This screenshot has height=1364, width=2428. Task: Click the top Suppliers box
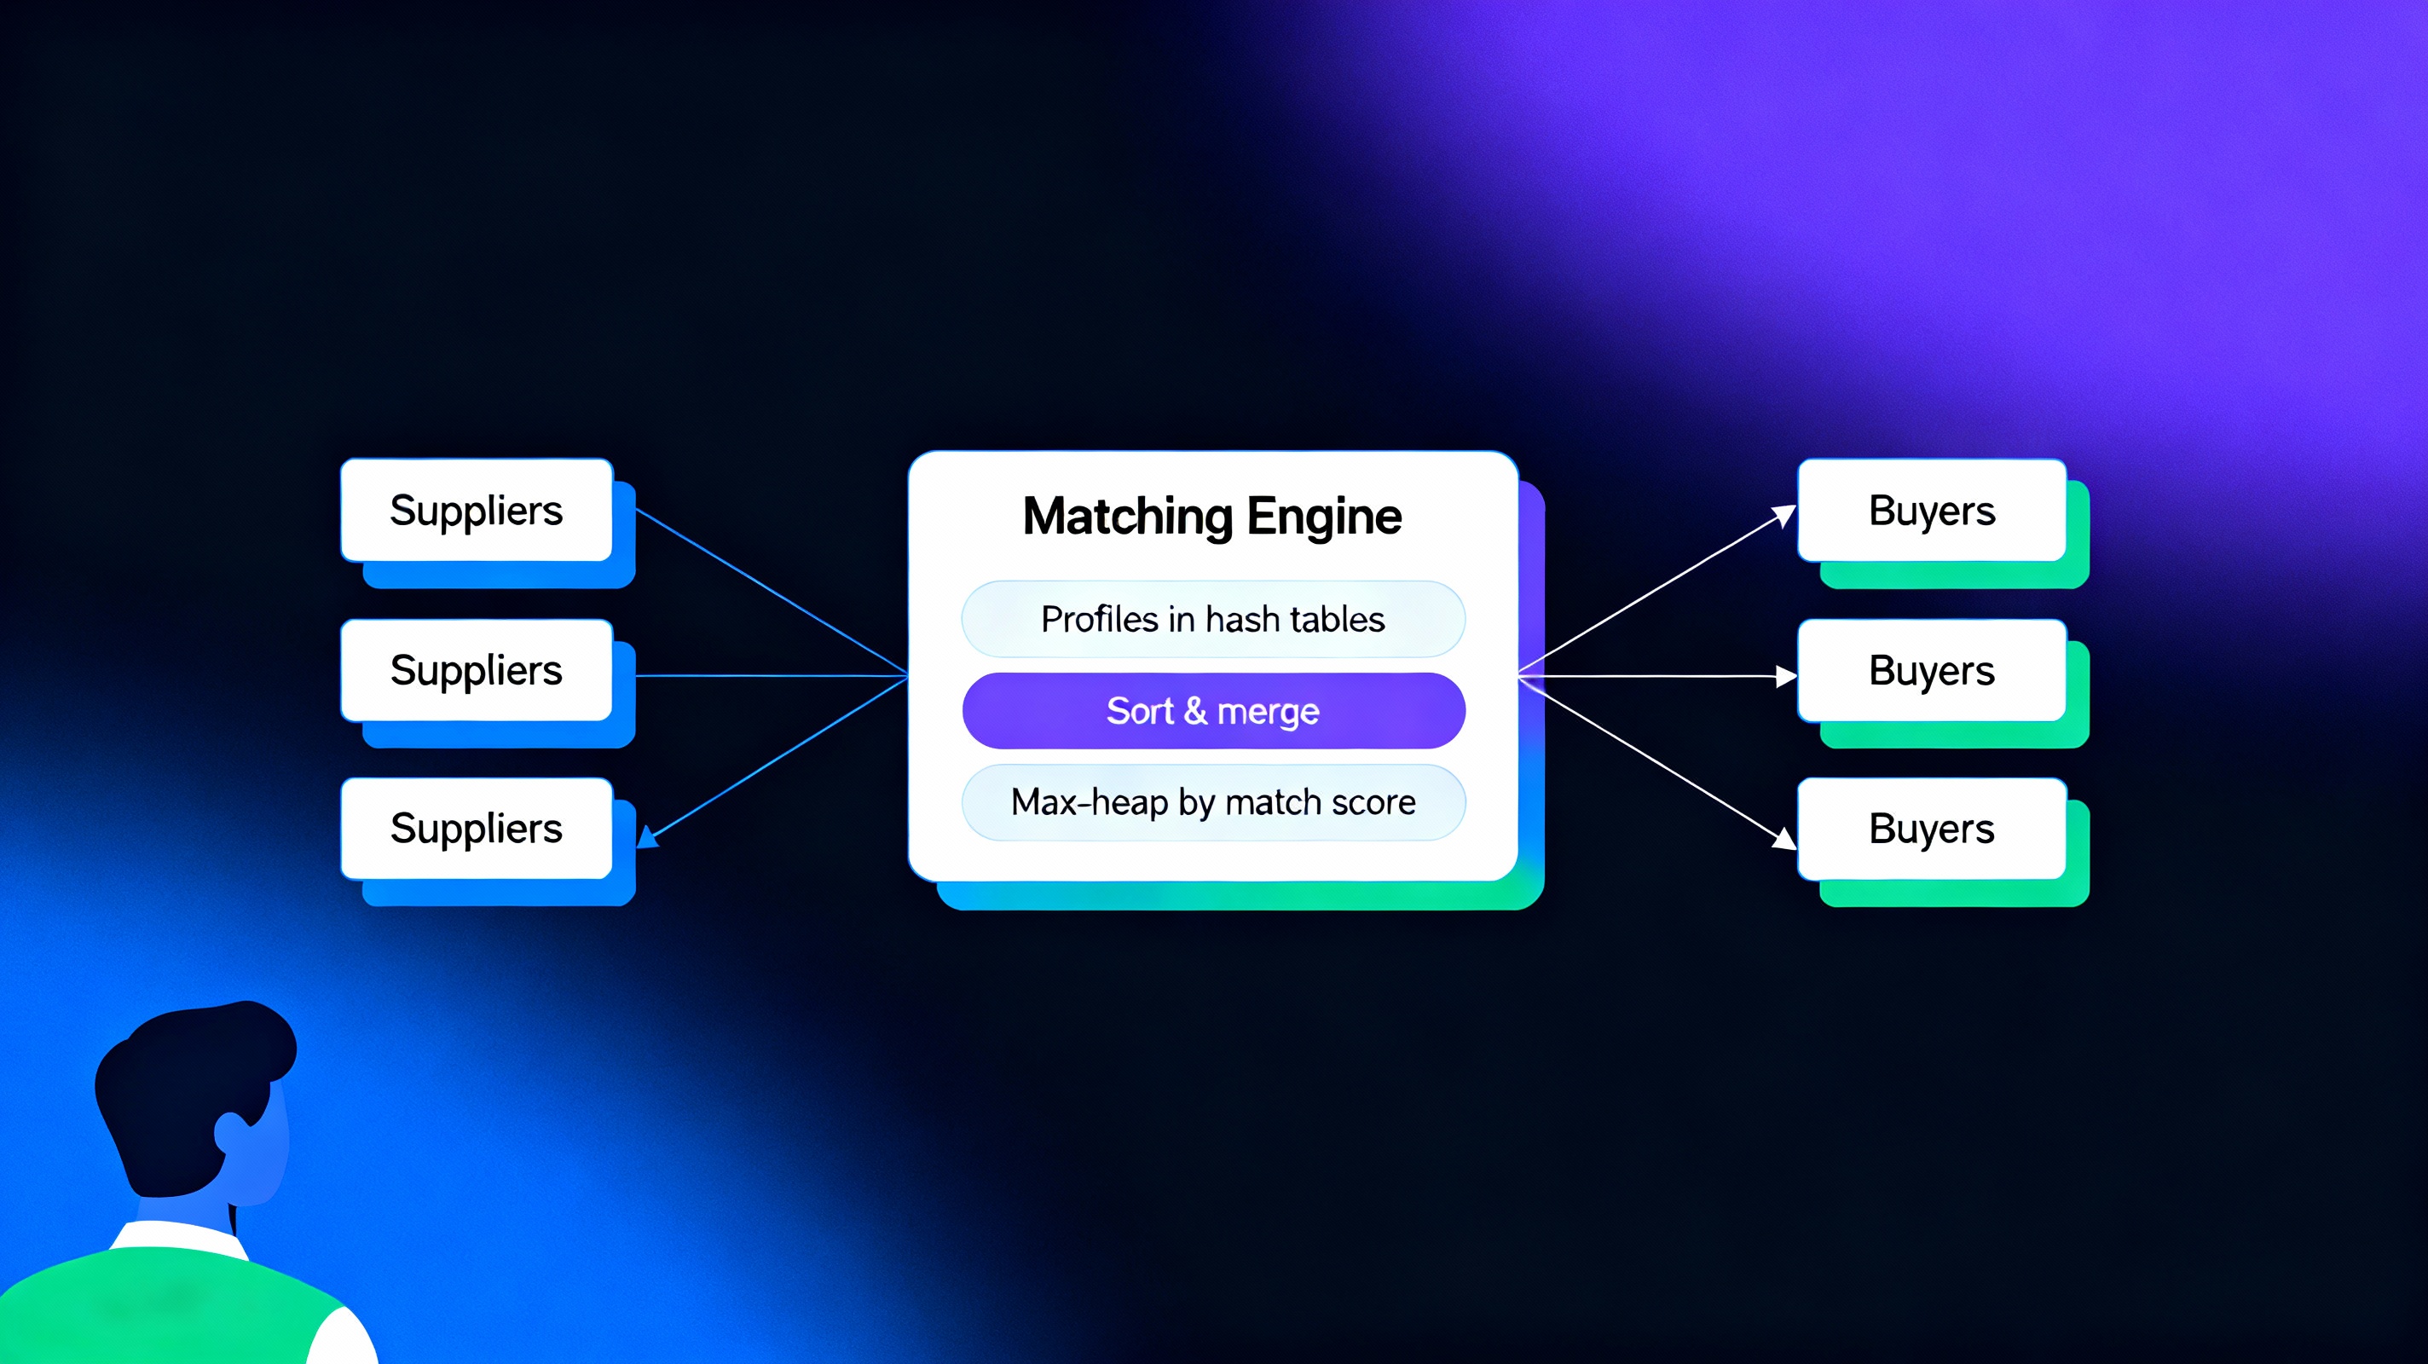[x=477, y=511]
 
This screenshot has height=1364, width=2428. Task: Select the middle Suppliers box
[x=477, y=670]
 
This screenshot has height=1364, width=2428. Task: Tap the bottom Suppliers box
[x=477, y=829]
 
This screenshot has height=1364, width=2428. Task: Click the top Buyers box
[x=1931, y=511]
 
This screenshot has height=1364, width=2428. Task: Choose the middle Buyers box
[x=1931, y=670]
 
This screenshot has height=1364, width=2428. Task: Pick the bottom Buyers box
[x=1931, y=829]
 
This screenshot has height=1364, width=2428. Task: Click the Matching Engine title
[x=1212, y=517]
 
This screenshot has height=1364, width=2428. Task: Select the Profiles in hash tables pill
[x=1213, y=619]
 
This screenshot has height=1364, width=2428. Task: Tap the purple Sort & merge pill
[x=1213, y=711]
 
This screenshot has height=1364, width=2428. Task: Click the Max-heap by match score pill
[x=1213, y=802]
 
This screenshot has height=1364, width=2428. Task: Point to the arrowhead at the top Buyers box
[x=1785, y=515]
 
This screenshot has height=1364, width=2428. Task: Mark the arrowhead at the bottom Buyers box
[x=1784, y=838]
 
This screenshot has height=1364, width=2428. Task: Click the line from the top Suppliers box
[x=770, y=591]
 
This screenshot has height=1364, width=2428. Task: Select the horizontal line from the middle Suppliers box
[x=770, y=676]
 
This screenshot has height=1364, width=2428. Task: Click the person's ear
[x=232, y=1134]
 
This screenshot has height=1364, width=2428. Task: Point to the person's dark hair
[x=188, y=1084]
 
